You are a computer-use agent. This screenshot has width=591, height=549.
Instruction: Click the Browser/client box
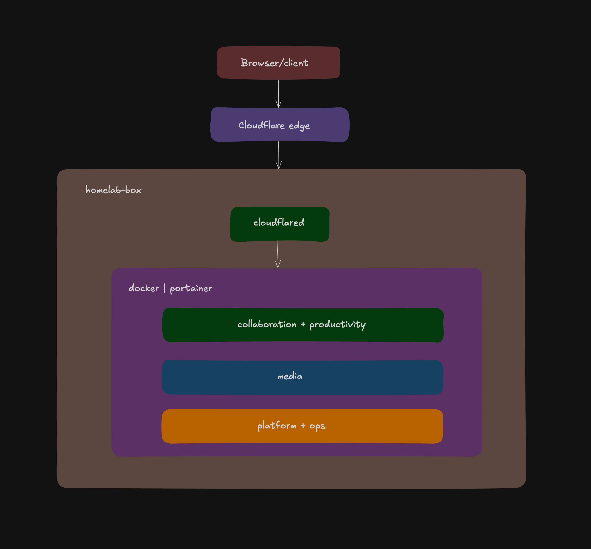pos(278,63)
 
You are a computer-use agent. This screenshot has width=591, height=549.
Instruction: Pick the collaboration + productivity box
pos(303,325)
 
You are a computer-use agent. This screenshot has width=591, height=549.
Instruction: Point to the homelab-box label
pos(113,190)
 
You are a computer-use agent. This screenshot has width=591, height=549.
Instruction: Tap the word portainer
pos(191,288)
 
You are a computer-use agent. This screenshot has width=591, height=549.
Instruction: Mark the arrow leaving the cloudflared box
pos(278,254)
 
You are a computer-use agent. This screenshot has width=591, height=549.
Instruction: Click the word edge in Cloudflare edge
pos(299,126)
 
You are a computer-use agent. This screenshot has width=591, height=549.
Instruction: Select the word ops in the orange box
pos(317,426)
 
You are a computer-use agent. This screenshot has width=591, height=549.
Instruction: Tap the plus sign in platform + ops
pos(303,426)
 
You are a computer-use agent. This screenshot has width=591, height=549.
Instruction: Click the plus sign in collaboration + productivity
pos(303,324)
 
